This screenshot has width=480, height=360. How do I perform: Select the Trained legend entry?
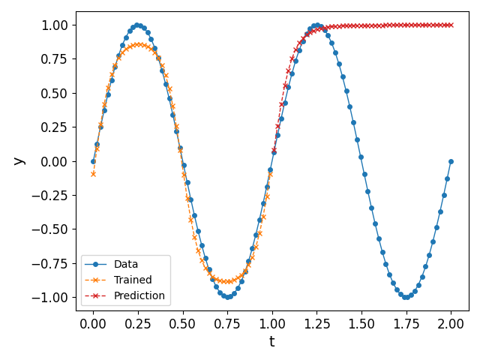point(133,280)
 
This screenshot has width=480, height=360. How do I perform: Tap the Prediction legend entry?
point(139,295)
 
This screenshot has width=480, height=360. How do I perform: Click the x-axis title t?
point(271,342)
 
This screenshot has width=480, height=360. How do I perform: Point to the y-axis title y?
point(17,160)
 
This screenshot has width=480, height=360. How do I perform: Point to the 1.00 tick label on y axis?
point(55,25)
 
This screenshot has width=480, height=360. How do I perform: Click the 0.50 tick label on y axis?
point(55,93)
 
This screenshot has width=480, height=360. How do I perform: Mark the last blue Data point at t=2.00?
point(451,161)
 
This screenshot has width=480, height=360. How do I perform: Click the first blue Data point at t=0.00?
point(93,161)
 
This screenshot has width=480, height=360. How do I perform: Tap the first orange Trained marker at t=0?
point(93,174)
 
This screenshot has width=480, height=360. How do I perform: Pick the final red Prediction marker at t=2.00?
point(451,25)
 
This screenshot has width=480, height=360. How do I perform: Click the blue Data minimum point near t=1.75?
point(406,297)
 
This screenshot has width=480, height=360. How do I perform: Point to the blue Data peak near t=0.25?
point(137,25)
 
